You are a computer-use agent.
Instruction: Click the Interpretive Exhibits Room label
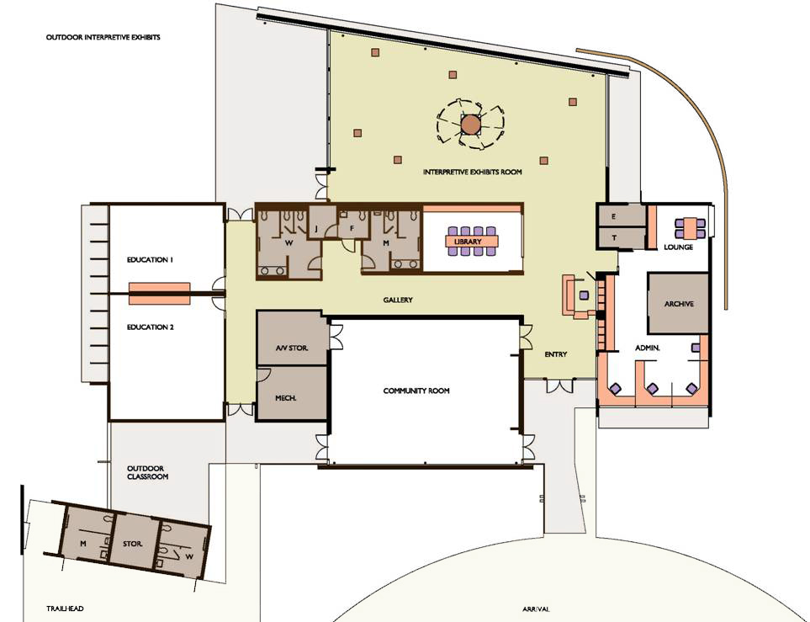pyautogui.click(x=472, y=172)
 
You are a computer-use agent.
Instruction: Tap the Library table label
pyautogui.click(x=468, y=242)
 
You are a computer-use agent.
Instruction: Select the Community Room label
pyautogui.click(x=416, y=391)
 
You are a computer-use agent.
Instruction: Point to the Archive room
pyautogui.click(x=678, y=304)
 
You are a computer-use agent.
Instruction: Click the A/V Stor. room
pyautogui.click(x=293, y=338)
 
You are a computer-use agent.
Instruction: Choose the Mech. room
pyautogui.click(x=293, y=393)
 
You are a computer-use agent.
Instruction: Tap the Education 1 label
pyautogui.click(x=151, y=259)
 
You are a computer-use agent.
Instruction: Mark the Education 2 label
pyautogui.click(x=151, y=327)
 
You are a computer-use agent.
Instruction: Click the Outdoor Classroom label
pyautogui.click(x=148, y=472)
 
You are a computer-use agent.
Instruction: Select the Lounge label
pyautogui.click(x=678, y=247)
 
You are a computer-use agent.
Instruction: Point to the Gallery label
pyautogui.click(x=398, y=300)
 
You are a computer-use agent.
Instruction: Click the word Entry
pyautogui.click(x=556, y=354)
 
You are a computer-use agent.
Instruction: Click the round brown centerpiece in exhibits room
pyautogui.click(x=470, y=125)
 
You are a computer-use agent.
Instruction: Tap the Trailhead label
pyautogui.click(x=65, y=609)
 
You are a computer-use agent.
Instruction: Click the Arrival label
pyautogui.click(x=536, y=609)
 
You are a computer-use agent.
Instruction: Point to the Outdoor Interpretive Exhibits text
pyautogui.click(x=103, y=37)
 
